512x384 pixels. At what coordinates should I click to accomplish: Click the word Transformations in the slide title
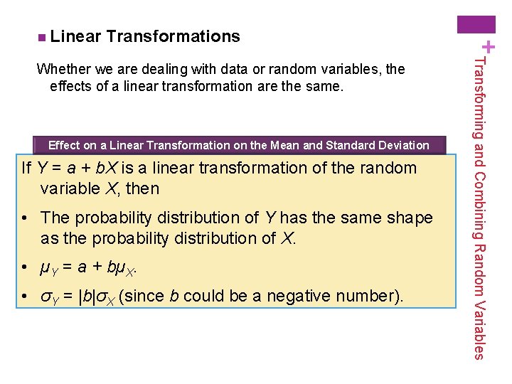pos(174,36)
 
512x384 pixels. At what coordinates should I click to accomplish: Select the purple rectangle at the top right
pos(476,25)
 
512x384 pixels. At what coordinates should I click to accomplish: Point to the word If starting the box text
pos(26,169)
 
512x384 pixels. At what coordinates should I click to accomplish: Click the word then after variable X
pos(143,189)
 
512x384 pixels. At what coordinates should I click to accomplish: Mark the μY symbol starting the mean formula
pos(46,269)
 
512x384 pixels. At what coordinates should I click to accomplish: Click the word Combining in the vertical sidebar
pos(480,203)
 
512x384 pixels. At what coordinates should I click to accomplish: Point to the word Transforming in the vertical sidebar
pos(480,95)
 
